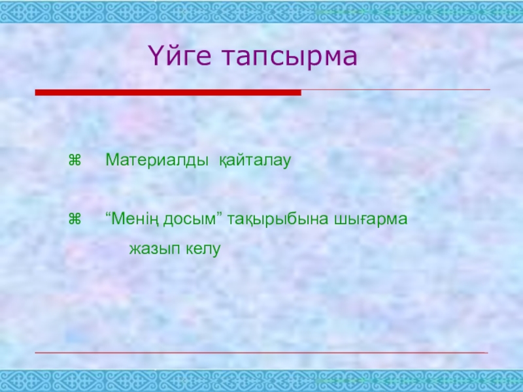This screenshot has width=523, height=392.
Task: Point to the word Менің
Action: click(135, 220)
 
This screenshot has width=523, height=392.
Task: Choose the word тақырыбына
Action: click(278, 220)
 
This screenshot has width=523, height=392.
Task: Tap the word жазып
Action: click(155, 249)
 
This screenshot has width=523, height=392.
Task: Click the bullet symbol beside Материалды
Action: click(75, 160)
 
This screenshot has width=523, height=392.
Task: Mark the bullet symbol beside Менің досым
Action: click(75, 219)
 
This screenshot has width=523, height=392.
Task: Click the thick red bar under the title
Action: click(168, 92)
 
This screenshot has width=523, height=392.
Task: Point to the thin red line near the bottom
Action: click(261, 352)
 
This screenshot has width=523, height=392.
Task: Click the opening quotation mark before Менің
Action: click(108, 214)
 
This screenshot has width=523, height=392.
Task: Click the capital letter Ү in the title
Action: click(157, 56)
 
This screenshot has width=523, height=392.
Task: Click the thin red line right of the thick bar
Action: click(396, 90)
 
